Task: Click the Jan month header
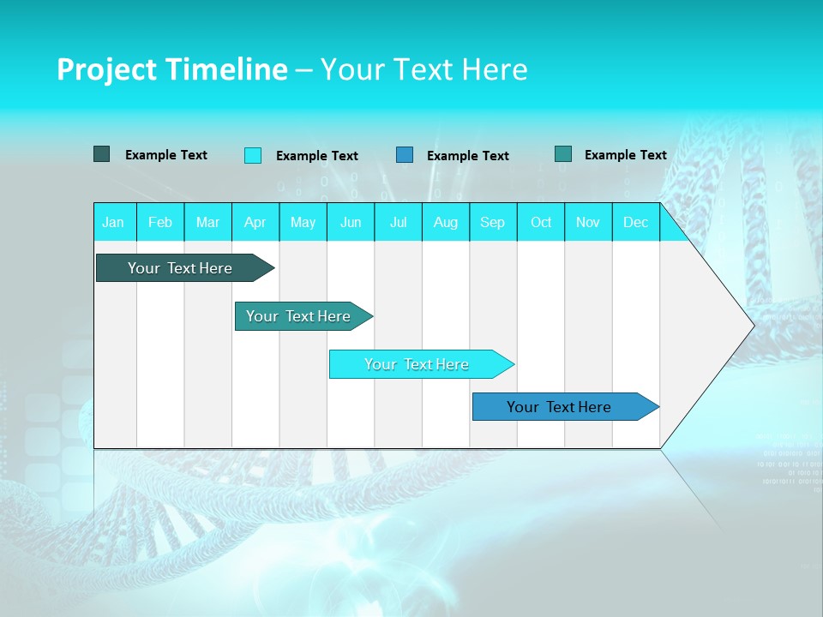pyautogui.click(x=113, y=222)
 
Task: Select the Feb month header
pyautogui.click(x=160, y=222)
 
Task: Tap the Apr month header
pyautogui.click(x=255, y=222)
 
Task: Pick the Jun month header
pyautogui.click(x=351, y=222)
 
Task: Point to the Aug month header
pyautogui.click(x=446, y=222)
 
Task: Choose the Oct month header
pyautogui.click(x=541, y=222)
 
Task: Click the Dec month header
pyautogui.click(x=636, y=222)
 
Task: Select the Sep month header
pyautogui.click(x=492, y=222)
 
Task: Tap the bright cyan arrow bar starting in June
pyautogui.click(x=418, y=364)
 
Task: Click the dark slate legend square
pyautogui.click(x=102, y=154)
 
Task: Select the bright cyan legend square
pyautogui.click(x=253, y=155)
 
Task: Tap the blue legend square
pyautogui.click(x=405, y=155)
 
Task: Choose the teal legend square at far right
pyautogui.click(x=563, y=154)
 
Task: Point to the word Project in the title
pyautogui.click(x=105, y=69)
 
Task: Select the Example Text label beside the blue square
pyautogui.click(x=468, y=156)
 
